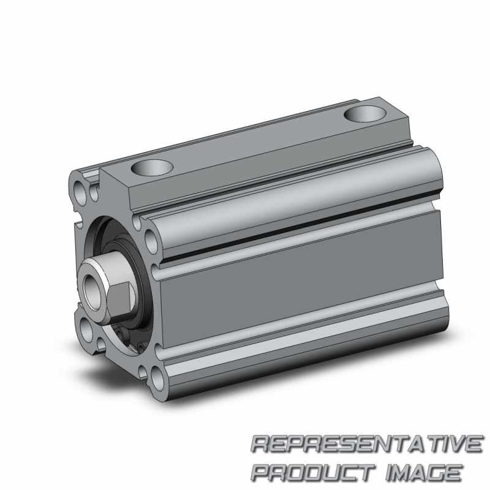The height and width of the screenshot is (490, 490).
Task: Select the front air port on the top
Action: click(x=152, y=168)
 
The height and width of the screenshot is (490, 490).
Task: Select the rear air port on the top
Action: click(x=364, y=113)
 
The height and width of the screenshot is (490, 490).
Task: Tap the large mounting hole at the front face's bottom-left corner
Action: click(x=86, y=330)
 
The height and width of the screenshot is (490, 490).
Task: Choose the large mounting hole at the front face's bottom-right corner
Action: click(x=157, y=379)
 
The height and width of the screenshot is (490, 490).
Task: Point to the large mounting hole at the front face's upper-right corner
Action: click(x=151, y=241)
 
